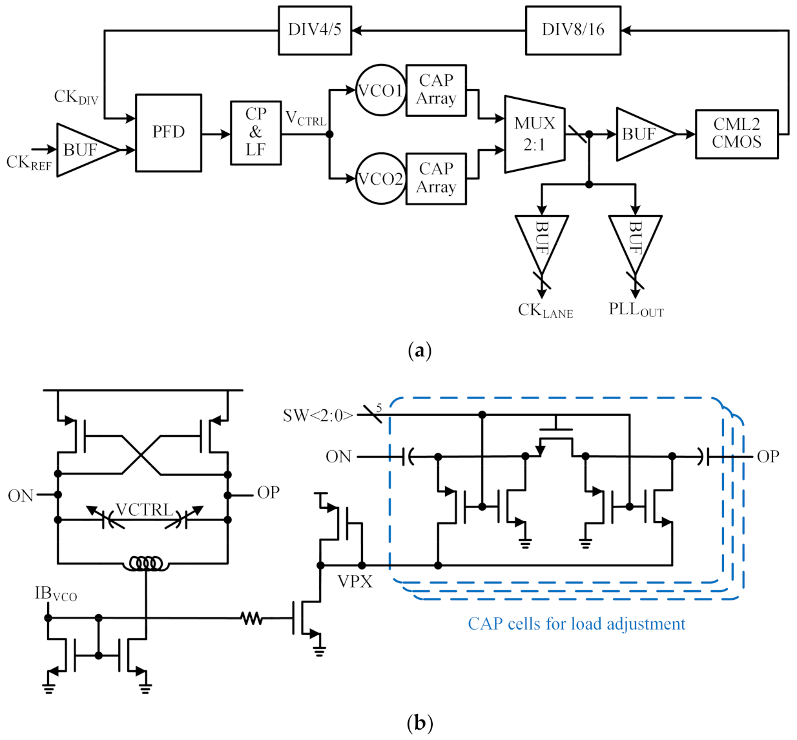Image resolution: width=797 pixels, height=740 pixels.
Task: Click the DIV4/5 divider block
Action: [x=315, y=30]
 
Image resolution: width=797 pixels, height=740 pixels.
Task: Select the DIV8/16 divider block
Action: [x=573, y=30]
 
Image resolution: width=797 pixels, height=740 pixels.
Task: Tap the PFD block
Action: [x=169, y=132]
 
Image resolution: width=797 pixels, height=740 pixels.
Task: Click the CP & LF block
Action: [x=256, y=132]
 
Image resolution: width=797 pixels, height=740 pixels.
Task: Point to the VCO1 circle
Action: [x=381, y=90]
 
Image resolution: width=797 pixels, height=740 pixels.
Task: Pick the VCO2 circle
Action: [x=381, y=179]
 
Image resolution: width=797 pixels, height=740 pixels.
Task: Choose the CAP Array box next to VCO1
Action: [x=436, y=90]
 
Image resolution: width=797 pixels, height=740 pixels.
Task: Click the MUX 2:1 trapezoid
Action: [x=535, y=134]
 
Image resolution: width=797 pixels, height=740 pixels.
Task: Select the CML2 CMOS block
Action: [x=736, y=134]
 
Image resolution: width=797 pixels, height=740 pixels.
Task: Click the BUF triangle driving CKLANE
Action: [x=542, y=239]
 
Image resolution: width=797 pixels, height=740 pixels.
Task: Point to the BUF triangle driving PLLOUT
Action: [x=635, y=239]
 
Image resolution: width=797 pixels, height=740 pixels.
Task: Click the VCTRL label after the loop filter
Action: [x=305, y=119]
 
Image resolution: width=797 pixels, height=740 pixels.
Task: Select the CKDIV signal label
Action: [x=76, y=98]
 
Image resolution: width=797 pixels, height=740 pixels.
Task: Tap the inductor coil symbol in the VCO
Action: [x=146, y=564]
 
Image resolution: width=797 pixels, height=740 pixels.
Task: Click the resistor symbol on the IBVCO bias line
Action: [x=252, y=619]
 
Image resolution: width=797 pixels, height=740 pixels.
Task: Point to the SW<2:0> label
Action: [x=318, y=415]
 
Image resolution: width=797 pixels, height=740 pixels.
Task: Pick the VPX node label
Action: [x=355, y=582]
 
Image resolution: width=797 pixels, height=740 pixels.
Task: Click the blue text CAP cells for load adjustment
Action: [x=576, y=624]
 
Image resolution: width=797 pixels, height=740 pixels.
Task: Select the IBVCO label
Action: [x=56, y=593]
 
